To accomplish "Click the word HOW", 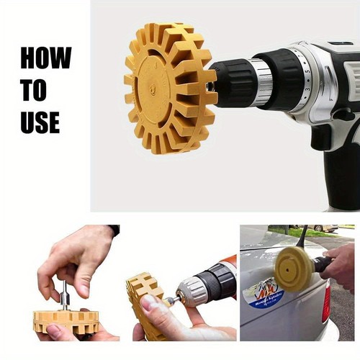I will [45, 58].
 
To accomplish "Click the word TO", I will [33, 91].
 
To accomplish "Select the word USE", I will [40, 122].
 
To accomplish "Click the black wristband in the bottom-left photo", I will [114, 230].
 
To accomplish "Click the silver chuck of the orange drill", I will [192, 290].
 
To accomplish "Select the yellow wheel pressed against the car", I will [293, 269].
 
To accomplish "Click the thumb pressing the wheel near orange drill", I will [151, 305].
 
